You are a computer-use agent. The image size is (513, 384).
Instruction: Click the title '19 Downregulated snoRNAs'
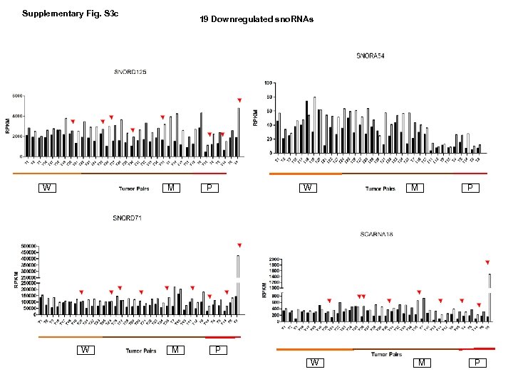tap(256, 19)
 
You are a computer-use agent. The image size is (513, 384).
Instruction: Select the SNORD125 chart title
tap(130, 71)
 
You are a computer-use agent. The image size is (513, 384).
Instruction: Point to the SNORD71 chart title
tap(127, 218)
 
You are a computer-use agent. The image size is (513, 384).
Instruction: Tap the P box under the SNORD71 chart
tap(217, 350)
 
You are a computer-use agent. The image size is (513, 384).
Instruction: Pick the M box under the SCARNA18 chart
tap(423, 363)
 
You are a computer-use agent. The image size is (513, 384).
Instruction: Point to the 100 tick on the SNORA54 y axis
tap(268, 83)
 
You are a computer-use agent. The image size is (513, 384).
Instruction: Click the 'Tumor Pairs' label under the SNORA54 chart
tap(380, 188)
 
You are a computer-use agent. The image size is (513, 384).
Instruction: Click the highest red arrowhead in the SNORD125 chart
tap(239, 100)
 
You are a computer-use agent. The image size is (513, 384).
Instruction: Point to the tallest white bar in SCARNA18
tap(489, 297)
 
